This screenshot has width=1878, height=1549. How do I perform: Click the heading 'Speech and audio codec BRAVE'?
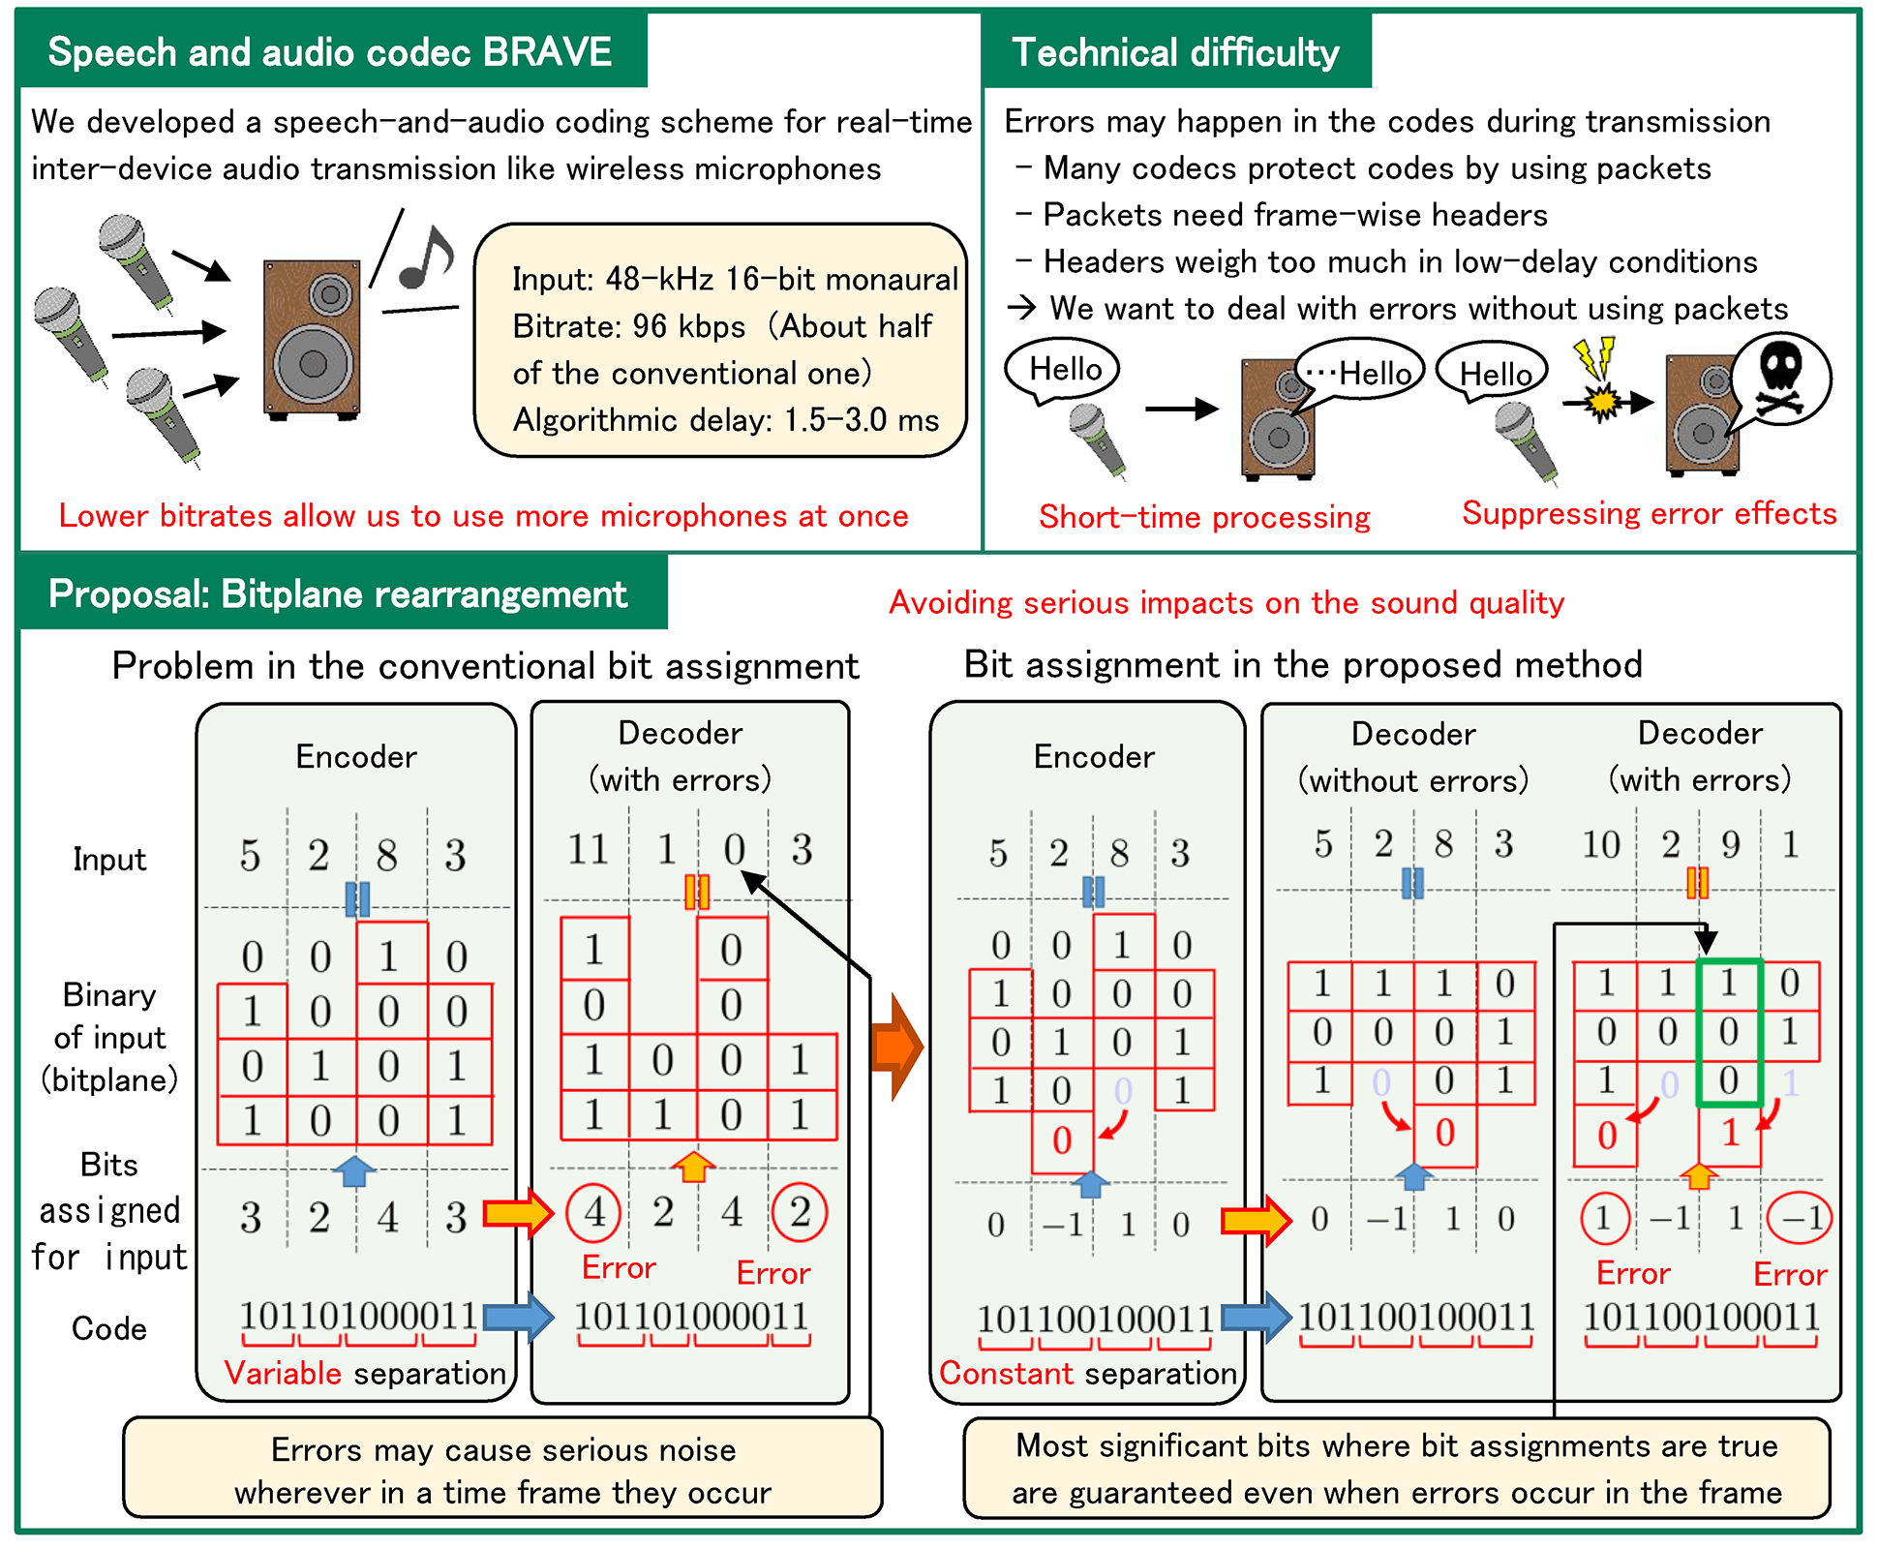click(x=329, y=52)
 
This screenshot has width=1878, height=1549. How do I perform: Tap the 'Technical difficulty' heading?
click(x=1175, y=52)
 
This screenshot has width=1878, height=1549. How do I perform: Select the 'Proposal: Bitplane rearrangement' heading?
click(x=338, y=594)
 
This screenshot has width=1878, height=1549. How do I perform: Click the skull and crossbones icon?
click(x=1779, y=379)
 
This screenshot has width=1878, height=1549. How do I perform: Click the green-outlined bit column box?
click(x=1729, y=1032)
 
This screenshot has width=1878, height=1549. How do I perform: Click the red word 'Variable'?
click(x=283, y=1373)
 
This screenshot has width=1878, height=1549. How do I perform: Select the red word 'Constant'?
click(x=1006, y=1373)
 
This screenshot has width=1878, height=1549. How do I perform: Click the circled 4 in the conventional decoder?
click(x=594, y=1212)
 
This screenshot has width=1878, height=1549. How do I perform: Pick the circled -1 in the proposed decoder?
click(x=1800, y=1218)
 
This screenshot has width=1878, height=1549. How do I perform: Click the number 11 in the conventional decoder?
click(x=588, y=850)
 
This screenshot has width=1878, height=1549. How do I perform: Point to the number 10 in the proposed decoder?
click(x=1600, y=845)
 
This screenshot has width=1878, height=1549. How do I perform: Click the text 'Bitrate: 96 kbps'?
click(x=628, y=326)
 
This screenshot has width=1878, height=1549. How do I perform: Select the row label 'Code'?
click(x=108, y=1328)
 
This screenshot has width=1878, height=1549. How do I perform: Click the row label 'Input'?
click(x=109, y=860)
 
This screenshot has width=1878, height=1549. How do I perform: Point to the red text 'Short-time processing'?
click(x=1204, y=517)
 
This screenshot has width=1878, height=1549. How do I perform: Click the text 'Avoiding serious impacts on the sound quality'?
click(x=1227, y=603)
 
